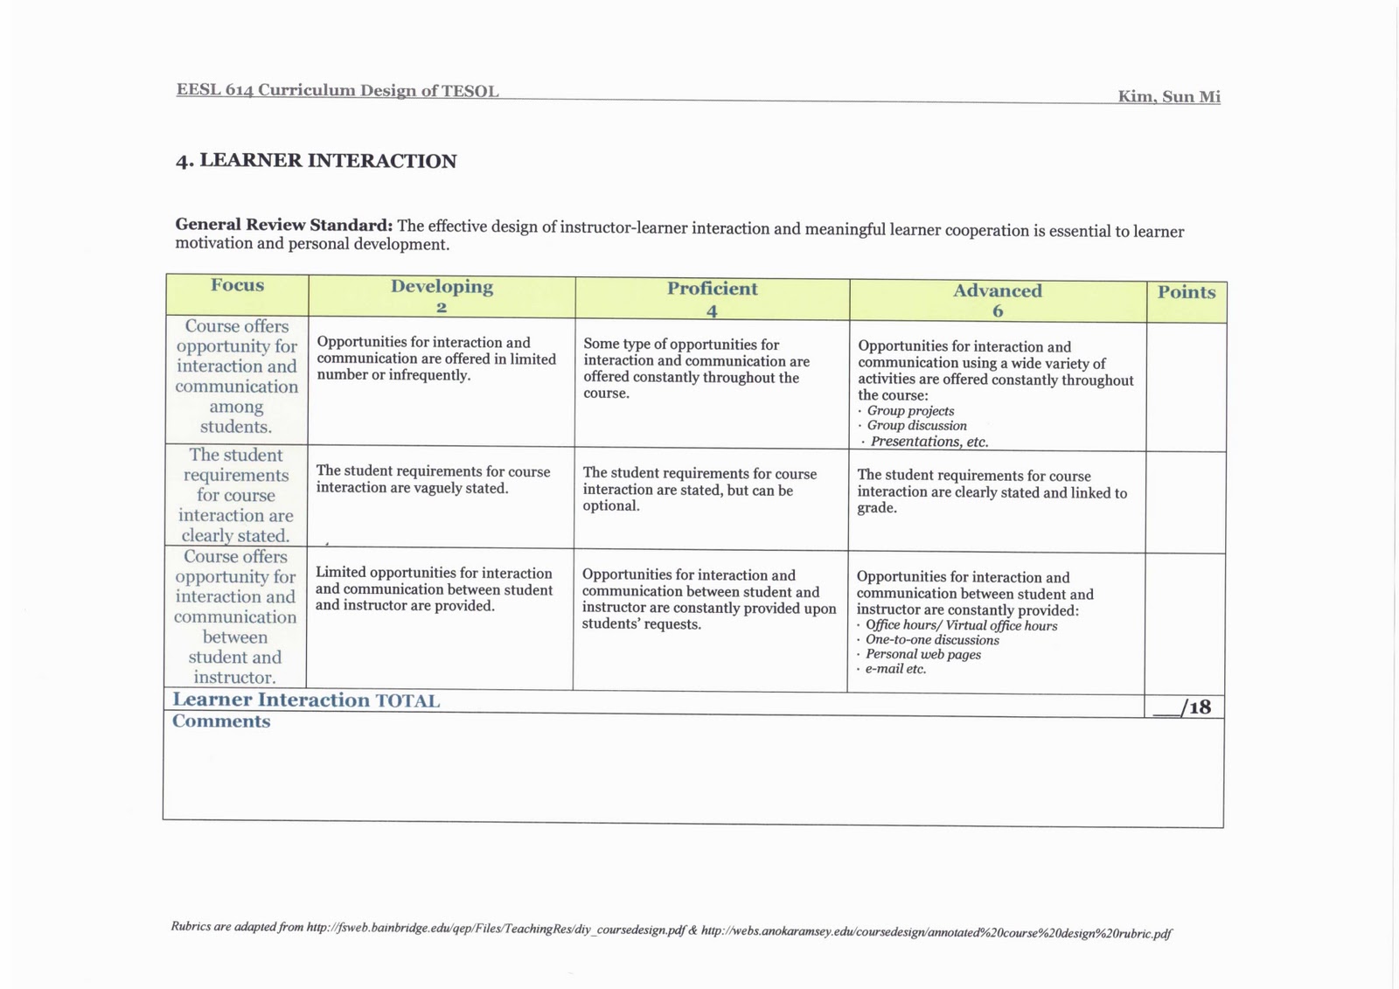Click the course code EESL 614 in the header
click(x=214, y=90)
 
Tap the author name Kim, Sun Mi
click(x=1168, y=96)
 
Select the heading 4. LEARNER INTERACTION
click(x=316, y=161)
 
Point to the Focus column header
click(x=237, y=286)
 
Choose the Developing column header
click(x=442, y=287)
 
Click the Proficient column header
click(x=712, y=289)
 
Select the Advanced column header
click(x=997, y=291)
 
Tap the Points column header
click(x=1187, y=292)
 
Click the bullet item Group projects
click(x=910, y=411)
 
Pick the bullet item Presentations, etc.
click(x=929, y=442)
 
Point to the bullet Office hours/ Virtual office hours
click(x=961, y=625)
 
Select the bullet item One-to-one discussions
click(x=932, y=640)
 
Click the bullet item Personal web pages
click(x=922, y=654)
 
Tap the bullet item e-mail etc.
click(x=895, y=669)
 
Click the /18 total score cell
click(x=1186, y=707)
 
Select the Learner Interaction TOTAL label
click(x=306, y=700)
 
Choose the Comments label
click(x=221, y=721)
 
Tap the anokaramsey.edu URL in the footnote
click(x=936, y=932)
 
